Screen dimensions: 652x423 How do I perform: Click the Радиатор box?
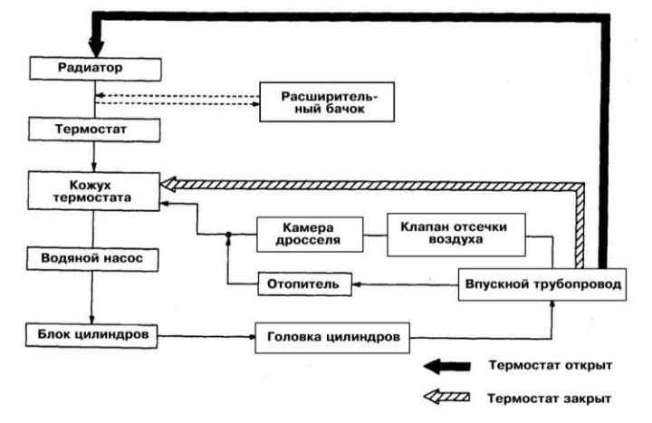(95, 69)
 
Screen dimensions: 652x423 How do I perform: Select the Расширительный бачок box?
(327, 102)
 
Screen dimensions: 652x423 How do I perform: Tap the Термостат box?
(94, 130)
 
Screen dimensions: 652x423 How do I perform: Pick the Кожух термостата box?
(94, 191)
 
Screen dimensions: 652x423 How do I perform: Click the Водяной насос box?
(92, 260)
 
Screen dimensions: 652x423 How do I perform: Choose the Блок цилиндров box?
(91, 335)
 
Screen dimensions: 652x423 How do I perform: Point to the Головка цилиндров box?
(332, 338)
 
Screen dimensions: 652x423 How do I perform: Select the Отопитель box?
(305, 284)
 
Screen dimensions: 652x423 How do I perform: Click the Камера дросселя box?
(310, 235)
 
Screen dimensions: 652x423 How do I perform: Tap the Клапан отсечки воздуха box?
(456, 235)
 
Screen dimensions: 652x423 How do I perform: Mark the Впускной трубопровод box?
(542, 284)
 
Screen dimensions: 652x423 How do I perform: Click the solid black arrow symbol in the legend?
(447, 367)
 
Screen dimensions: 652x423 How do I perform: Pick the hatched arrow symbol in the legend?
(447, 398)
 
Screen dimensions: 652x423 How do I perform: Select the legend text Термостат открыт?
(551, 366)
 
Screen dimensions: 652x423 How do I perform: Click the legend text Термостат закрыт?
(550, 399)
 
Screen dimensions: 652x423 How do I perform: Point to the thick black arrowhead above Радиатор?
(96, 48)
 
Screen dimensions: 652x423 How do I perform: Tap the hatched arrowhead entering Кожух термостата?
(168, 185)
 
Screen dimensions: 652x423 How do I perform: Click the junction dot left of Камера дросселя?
(228, 235)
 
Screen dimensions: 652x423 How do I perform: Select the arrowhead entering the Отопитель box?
(357, 284)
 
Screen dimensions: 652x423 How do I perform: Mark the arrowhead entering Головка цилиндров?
(251, 337)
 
